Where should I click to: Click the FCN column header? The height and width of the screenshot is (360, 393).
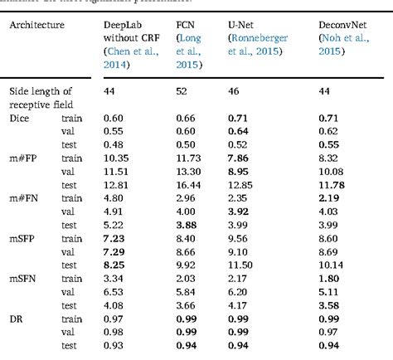(187, 25)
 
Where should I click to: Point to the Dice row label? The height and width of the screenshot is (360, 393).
(18, 119)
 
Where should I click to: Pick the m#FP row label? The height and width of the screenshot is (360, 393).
(24, 158)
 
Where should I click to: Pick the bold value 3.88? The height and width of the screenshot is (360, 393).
(187, 224)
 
